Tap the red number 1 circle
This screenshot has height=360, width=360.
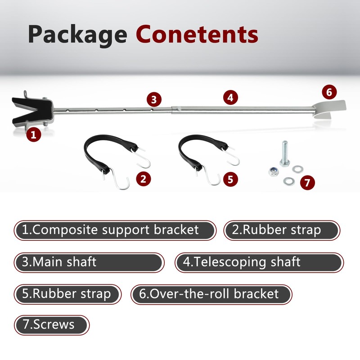[x=34, y=134]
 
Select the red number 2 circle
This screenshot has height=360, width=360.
[x=143, y=179]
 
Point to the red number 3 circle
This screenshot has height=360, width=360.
[x=153, y=99]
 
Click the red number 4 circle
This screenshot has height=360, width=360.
[x=230, y=97]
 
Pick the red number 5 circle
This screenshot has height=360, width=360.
[x=230, y=179]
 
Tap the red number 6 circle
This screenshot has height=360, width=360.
[x=329, y=92]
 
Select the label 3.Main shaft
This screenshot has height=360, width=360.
[x=88, y=262]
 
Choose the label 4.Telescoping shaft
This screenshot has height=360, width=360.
[x=258, y=262]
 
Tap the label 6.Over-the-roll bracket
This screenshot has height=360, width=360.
[x=211, y=294]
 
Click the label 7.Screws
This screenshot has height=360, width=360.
[x=51, y=324]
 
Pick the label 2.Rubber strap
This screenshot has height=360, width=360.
[x=281, y=230]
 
